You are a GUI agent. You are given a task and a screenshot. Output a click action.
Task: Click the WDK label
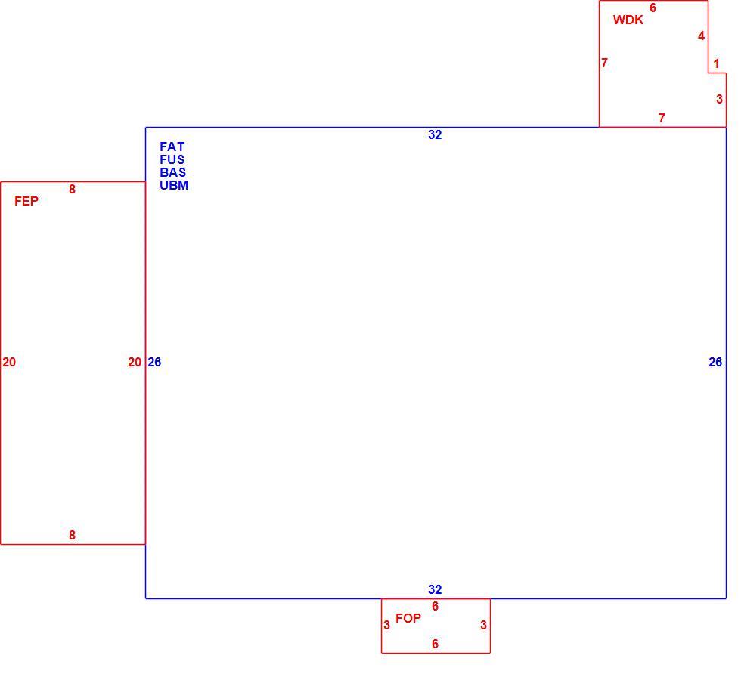628,20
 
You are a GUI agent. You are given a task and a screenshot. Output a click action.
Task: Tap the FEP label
26,201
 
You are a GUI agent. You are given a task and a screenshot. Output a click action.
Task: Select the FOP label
408,618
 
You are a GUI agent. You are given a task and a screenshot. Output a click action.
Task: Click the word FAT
172,147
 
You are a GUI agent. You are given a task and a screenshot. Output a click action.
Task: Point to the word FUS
172,159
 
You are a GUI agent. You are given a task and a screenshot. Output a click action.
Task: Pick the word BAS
172,172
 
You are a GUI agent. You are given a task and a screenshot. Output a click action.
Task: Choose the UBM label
174,186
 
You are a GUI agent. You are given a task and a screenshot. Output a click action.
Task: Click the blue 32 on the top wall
435,135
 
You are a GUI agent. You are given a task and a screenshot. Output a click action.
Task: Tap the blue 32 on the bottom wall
435,589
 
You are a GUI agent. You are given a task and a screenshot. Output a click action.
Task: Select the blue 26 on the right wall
715,362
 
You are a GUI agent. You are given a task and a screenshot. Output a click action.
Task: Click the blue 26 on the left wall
154,362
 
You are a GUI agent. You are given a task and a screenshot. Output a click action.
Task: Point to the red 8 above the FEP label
72,190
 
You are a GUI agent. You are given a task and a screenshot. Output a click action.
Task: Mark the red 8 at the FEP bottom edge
72,535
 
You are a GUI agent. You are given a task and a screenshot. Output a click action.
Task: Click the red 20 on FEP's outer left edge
9,362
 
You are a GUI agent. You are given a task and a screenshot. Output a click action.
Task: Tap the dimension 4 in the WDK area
702,36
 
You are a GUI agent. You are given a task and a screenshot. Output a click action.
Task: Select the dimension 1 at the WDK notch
717,63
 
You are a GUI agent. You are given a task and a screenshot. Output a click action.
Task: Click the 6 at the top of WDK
653,8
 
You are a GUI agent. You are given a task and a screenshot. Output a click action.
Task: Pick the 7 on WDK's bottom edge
662,118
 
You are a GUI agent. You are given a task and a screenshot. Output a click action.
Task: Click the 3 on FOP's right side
483,625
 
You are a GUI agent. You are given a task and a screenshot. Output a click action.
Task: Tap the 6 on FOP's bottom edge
436,644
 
